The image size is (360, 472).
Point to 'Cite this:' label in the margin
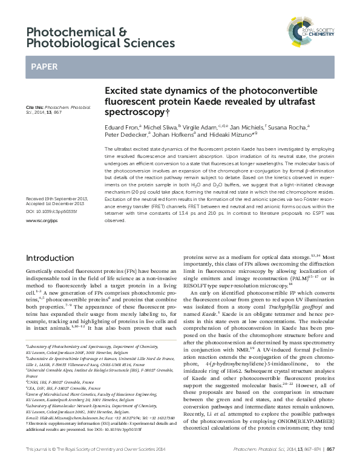point(34,107)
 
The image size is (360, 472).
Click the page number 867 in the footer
point(331,465)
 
